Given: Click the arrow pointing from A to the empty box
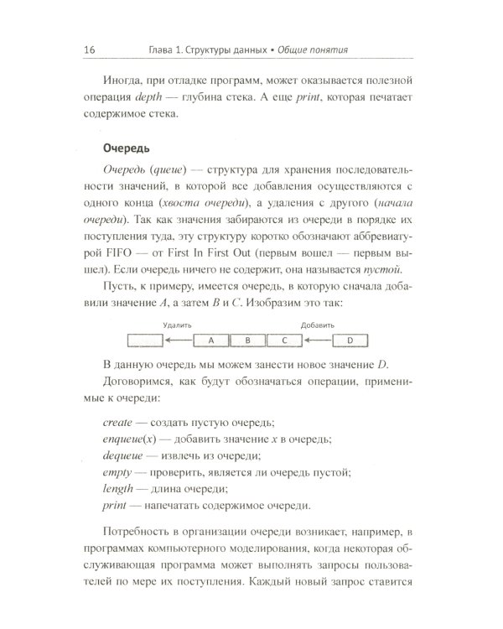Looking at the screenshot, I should (178, 340).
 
